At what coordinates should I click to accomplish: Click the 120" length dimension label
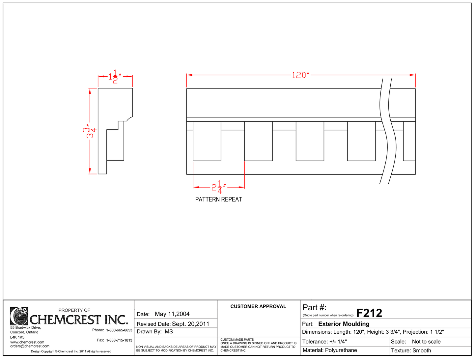pos(301,75)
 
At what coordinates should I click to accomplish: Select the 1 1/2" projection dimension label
pos(115,76)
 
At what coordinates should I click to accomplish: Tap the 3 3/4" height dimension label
pos(90,131)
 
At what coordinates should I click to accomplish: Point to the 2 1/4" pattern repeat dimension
pos(219,187)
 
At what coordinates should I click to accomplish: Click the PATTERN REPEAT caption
pos(218,199)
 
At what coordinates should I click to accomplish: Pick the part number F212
pos(369,313)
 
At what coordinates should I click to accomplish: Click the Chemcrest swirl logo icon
pos(19,316)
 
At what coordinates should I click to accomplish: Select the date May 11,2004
pos(172,314)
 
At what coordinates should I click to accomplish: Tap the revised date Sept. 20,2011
pos(190,324)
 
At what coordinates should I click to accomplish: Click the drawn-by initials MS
pos(169,332)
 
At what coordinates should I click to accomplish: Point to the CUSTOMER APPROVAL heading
pos(258,306)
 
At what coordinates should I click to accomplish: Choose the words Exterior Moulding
pos(344,324)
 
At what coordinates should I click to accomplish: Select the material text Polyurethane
pos(341,350)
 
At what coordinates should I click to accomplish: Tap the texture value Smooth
pos(421,350)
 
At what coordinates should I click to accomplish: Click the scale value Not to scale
pos(426,342)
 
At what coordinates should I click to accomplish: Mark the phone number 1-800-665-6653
pos(119,330)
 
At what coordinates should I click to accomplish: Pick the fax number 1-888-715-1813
pos(119,340)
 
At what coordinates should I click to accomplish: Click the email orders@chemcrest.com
pos(30,346)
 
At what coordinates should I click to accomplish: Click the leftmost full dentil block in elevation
pos(207,141)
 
